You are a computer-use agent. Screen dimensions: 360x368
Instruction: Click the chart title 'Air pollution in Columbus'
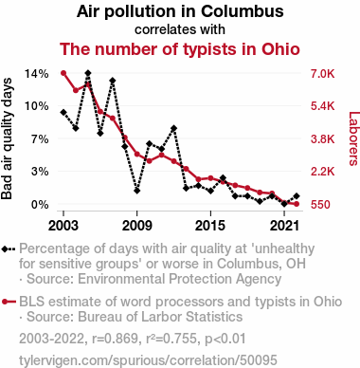click(180, 11)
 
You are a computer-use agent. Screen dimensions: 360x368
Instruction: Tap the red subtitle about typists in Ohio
click(180, 49)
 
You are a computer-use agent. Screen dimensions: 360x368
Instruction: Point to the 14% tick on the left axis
click(37, 74)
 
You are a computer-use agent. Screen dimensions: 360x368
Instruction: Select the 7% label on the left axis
click(40, 139)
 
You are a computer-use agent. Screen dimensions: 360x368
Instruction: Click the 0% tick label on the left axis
click(40, 205)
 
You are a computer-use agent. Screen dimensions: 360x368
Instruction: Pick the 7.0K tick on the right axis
click(322, 74)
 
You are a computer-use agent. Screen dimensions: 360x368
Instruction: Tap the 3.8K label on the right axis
click(322, 139)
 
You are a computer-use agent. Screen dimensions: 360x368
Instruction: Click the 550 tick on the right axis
click(320, 205)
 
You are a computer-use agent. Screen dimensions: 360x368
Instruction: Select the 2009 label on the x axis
click(136, 226)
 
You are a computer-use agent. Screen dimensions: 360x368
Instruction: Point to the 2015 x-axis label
click(210, 226)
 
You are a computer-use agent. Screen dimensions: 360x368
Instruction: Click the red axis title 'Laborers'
click(354, 138)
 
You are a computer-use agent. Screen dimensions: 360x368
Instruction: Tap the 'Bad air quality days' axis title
click(7, 138)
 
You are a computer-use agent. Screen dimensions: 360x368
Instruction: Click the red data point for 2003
click(63, 73)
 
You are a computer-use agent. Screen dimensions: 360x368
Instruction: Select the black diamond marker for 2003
click(63, 112)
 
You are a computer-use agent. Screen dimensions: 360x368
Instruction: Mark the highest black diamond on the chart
click(88, 73)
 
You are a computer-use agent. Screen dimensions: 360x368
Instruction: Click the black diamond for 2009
click(136, 191)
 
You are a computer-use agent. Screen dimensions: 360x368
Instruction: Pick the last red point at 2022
click(297, 204)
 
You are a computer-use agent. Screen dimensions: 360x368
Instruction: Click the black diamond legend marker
click(9, 249)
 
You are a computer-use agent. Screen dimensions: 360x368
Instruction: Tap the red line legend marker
click(9, 302)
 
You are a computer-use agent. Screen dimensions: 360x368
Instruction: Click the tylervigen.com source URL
click(148, 360)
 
